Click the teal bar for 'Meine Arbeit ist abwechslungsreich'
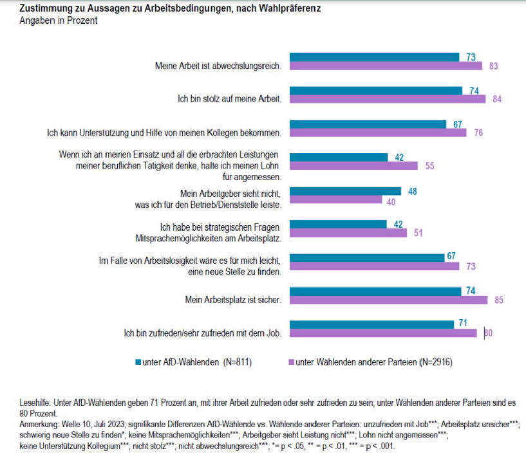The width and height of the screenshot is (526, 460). (x=375, y=57)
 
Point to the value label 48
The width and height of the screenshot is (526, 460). (x=413, y=191)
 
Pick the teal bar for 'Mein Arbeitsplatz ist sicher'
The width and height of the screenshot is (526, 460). (x=377, y=291)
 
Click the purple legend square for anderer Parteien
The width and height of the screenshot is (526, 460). (x=292, y=362)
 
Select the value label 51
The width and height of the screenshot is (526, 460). (x=418, y=233)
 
